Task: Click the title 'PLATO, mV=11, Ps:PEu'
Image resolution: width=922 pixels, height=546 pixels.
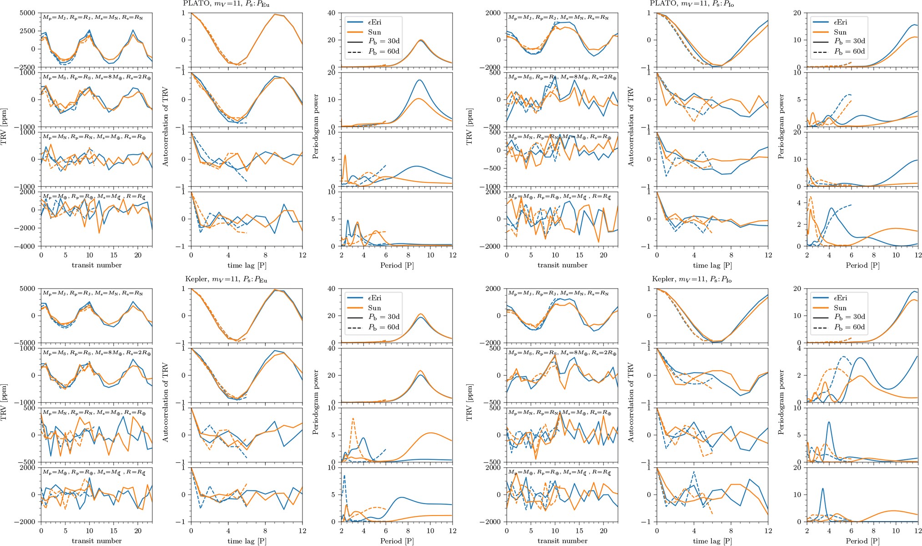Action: [226, 3]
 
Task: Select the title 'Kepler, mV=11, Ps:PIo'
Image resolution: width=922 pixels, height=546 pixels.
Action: [692, 279]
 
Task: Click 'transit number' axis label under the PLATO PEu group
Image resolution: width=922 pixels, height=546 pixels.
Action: [96, 265]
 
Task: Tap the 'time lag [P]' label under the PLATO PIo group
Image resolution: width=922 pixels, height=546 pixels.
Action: [712, 265]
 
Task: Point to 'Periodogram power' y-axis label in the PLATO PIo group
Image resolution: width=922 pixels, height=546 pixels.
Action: [781, 126]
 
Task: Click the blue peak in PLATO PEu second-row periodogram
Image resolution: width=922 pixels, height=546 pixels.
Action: [419, 80]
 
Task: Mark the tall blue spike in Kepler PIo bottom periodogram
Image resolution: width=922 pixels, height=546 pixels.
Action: [822, 488]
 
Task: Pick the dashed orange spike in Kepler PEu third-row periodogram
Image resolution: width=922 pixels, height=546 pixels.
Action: [353, 418]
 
